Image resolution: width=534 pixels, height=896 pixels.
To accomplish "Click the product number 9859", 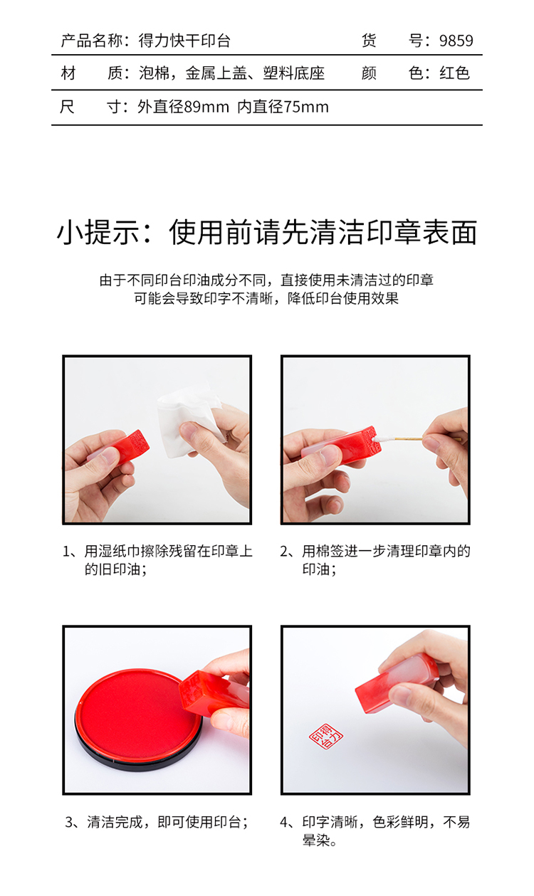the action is (456, 41).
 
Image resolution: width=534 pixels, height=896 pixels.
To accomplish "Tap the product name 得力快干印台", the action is (184, 41).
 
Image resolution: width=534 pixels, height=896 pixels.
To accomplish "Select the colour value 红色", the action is (454, 73).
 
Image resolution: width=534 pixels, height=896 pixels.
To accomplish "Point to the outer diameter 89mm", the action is (206, 107).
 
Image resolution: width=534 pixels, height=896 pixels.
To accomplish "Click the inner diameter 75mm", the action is (306, 107).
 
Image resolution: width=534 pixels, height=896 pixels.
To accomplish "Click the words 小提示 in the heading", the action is (98, 233).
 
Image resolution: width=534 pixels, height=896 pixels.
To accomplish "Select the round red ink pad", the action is (138, 721).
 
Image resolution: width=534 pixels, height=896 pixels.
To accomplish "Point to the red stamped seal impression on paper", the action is (326, 736).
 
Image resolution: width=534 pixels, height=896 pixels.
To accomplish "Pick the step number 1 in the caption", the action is (66, 552).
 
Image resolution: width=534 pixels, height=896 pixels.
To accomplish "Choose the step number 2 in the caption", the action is (284, 552).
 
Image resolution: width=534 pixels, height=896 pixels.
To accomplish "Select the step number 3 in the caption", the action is (69, 823).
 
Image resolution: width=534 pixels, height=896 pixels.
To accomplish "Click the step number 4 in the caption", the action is (284, 823).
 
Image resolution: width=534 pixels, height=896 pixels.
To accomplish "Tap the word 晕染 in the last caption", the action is (316, 840).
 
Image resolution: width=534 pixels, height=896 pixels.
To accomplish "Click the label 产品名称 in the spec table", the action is (91, 41).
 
